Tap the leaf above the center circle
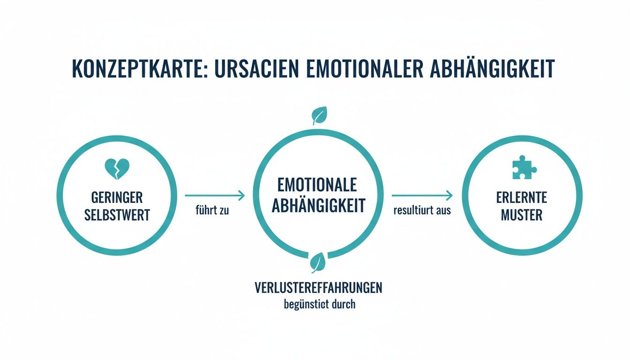320,115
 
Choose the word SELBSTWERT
117,215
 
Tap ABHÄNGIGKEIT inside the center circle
318,206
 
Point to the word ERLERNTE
522,197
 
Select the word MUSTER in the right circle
522,215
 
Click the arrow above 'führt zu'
215,195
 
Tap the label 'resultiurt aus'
422,210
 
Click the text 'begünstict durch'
320,304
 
